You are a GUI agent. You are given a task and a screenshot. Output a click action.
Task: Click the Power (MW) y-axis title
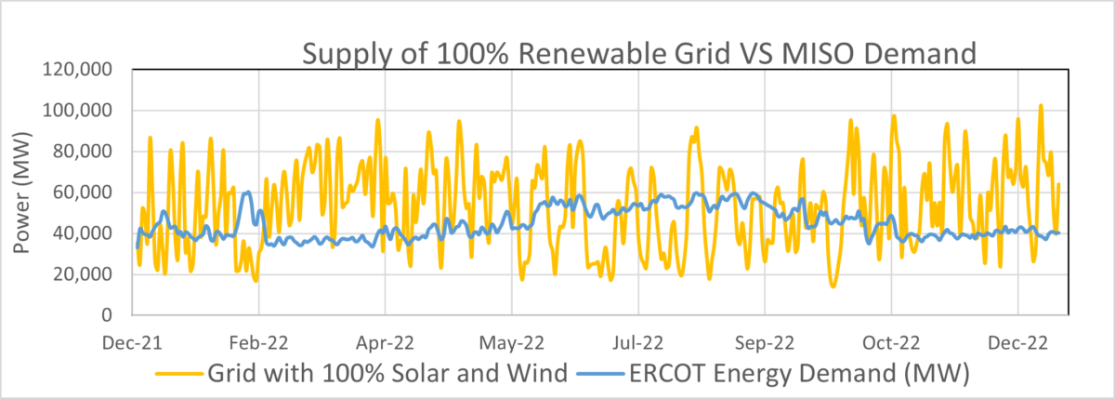[23, 193]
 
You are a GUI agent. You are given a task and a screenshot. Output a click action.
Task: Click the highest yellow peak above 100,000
[1041, 106]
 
